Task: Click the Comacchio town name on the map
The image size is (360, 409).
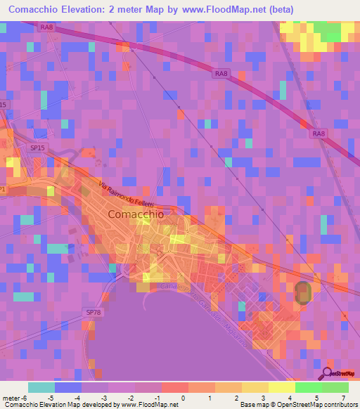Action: tap(136, 214)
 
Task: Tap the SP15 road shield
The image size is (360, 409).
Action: tap(37, 148)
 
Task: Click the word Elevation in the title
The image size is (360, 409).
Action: tap(86, 9)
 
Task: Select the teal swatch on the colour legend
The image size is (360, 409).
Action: tap(41, 387)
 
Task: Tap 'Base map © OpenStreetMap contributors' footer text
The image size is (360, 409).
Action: tap(298, 405)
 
